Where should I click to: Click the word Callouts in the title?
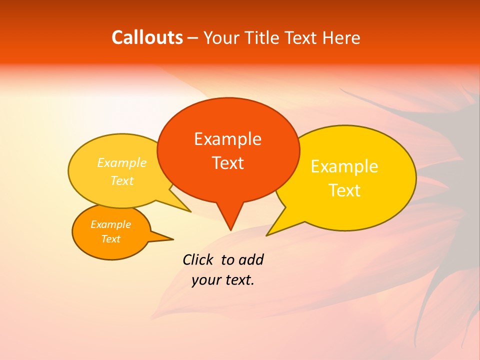coord(147,37)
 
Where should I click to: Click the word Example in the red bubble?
coord(227,139)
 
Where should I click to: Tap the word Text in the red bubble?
coord(227,163)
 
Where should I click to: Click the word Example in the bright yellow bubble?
coord(344,166)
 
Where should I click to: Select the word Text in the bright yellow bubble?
coord(344,190)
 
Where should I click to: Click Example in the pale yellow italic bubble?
coord(122,163)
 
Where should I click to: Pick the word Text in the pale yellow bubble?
coord(122,180)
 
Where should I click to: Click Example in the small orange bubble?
coord(110,224)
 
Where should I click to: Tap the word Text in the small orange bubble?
coord(110,239)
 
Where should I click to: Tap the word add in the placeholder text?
coord(251,259)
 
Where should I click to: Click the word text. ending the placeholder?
coord(239,280)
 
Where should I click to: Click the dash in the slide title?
coord(193,38)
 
